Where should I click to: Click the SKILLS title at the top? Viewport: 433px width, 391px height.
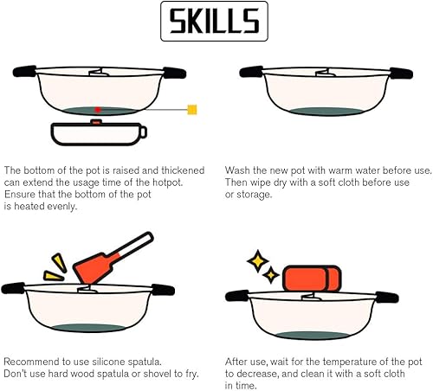click(214, 21)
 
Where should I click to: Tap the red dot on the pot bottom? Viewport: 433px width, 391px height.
click(98, 110)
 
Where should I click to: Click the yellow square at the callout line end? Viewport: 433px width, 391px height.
click(192, 110)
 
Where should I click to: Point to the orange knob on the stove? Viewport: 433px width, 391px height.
click(96, 122)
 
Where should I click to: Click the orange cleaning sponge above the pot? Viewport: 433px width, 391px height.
click(312, 279)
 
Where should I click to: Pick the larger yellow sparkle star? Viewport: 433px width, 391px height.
click(258, 261)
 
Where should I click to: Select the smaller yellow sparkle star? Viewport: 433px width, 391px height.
click(271, 275)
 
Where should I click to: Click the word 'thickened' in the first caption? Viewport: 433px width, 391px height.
click(183, 170)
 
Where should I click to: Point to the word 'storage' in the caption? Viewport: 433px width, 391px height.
click(254, 195)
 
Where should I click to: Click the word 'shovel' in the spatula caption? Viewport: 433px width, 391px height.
click(158, 374)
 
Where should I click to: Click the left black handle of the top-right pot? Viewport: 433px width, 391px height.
click(251, 72)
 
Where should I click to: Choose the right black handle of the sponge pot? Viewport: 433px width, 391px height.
click(387, 298)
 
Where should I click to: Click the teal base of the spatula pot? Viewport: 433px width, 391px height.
click(89, 328)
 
